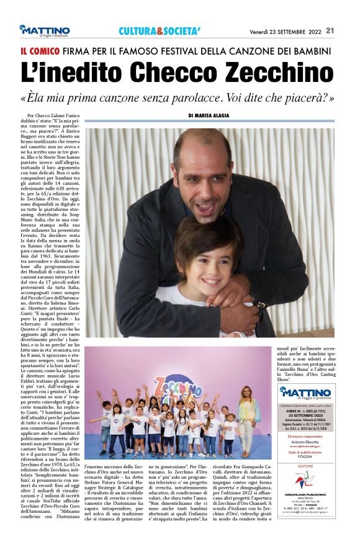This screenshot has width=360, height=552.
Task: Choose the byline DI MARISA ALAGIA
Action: pos(209,115)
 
